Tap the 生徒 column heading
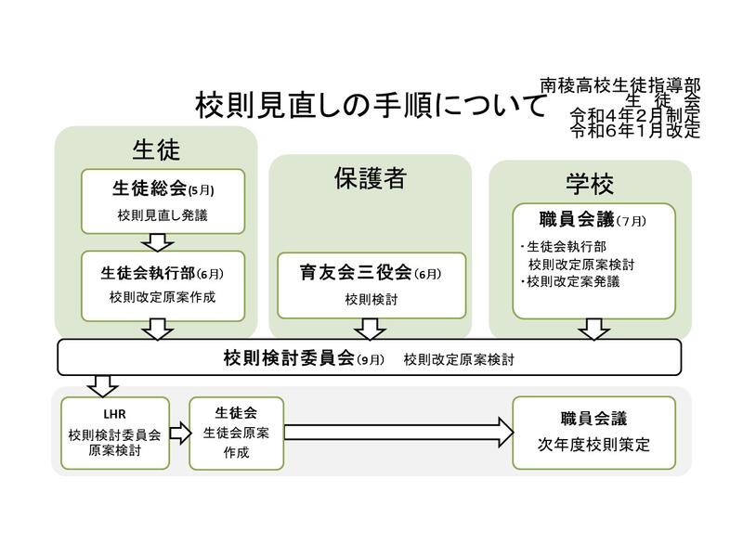coord(155,149)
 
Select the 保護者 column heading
coord(370,178)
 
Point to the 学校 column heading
coord(590,182)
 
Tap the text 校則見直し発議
coord(163,215)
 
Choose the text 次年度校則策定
coord(593,445)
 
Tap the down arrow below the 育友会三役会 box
coord(370,329)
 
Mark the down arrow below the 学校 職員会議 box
coord(593,329)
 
